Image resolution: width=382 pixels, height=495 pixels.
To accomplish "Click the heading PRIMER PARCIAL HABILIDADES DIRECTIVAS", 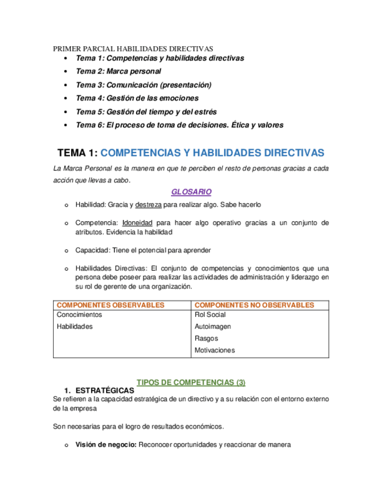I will tap(133, 48).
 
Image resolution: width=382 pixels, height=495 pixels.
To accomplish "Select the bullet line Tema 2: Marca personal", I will tap(118, 71).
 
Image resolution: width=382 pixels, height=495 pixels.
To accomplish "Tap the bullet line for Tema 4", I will tap(137, 98).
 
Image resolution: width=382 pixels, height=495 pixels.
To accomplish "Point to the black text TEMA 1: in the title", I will tap(78, 152).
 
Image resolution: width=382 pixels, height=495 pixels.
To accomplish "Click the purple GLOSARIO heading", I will tap(191, 191).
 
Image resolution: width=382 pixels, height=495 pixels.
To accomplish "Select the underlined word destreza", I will tap(148, 205).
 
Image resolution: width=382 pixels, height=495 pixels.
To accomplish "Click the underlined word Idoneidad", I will tap(138, 222).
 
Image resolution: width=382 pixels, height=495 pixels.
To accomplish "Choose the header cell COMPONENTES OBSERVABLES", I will tap(110, 305).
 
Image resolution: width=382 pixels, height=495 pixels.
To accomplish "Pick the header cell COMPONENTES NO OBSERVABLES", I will tap(254, 305).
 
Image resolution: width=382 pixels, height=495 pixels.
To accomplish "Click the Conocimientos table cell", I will tap(79, 315).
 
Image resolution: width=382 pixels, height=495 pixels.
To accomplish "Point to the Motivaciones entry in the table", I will tap(215, 350).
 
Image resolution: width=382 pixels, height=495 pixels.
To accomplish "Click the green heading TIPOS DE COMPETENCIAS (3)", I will tap(191, 382).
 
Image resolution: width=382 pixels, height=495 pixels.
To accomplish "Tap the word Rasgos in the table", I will tap(206, 339).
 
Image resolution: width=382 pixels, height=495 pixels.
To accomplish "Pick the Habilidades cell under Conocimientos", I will tap(75, 326).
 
